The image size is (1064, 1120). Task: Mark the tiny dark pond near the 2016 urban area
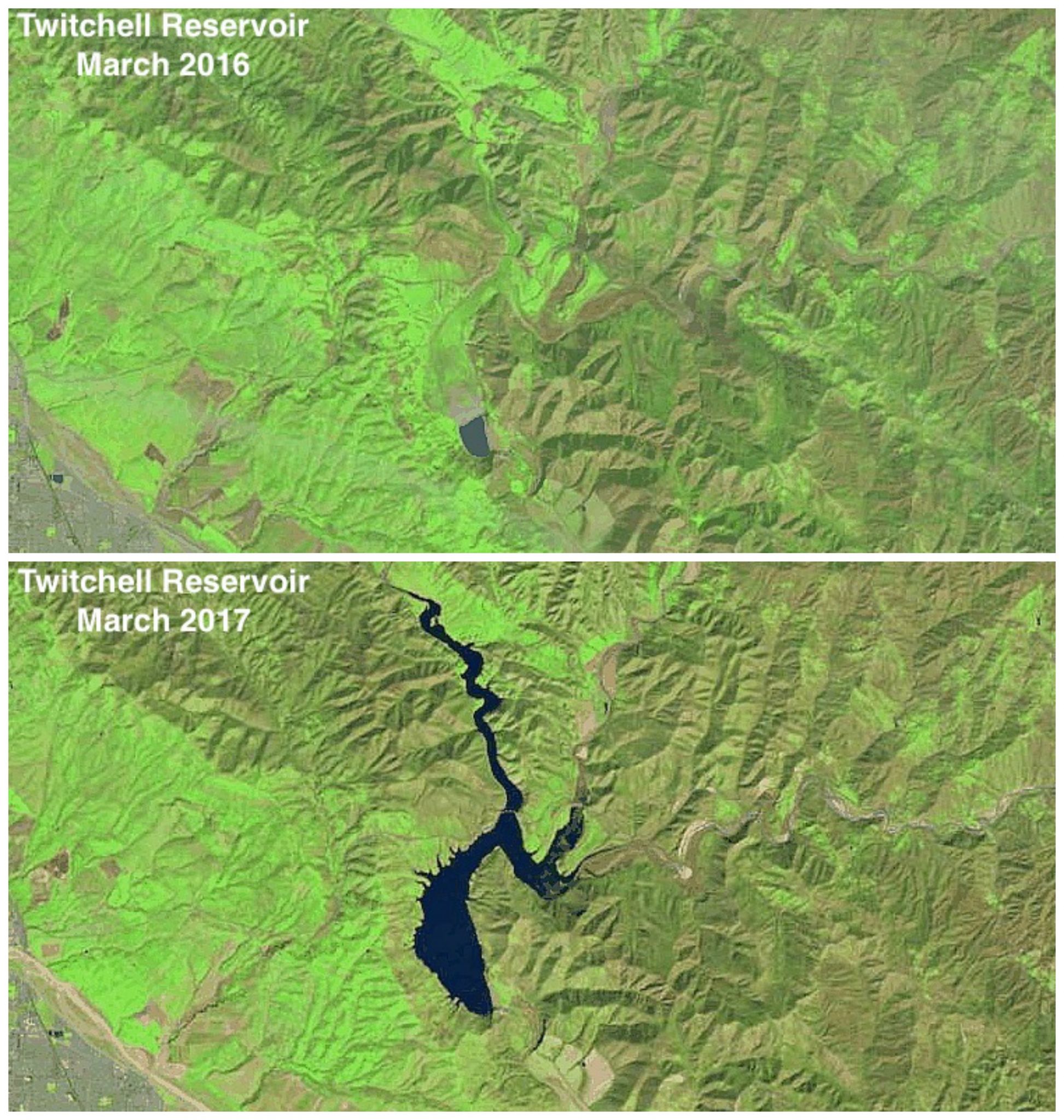click(57, 479)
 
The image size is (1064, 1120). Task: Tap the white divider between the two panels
click(532, 557)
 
